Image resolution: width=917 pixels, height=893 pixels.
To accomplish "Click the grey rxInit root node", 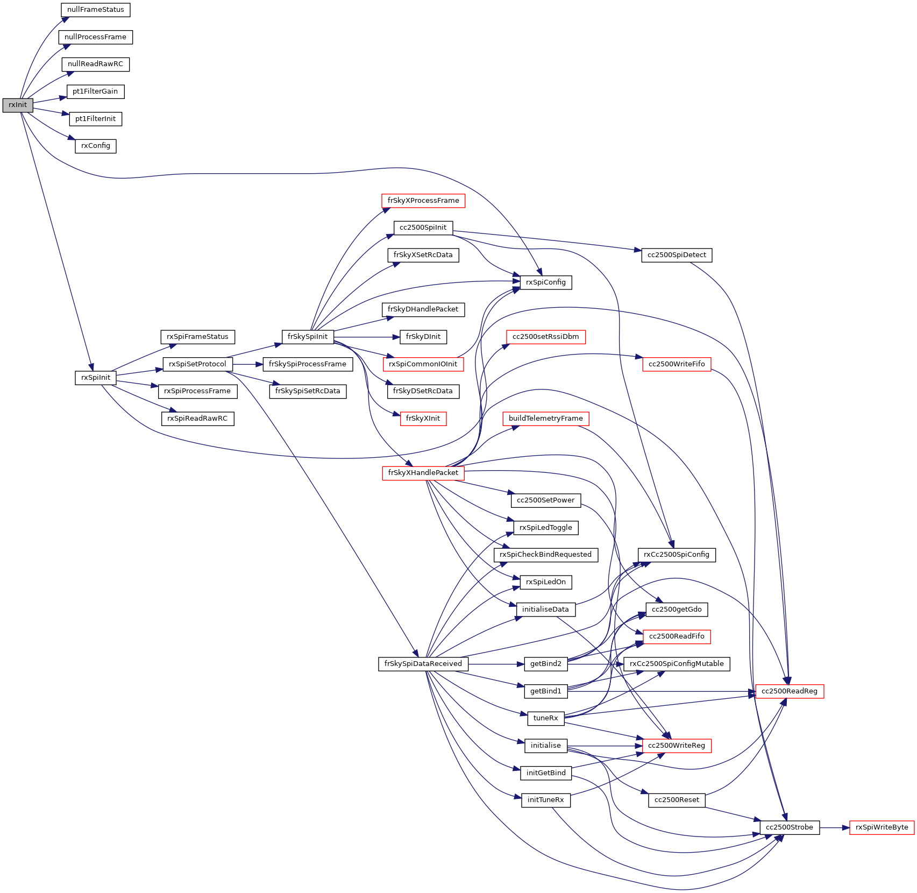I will (x=18, y=105).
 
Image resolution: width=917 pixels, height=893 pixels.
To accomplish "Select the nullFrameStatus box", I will (x=96, y=10).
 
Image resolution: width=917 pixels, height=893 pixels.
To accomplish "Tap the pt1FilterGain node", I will (x=95, y=91).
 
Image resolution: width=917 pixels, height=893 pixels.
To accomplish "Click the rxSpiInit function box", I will (x=96, y=378).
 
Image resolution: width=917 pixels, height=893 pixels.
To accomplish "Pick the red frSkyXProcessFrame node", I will (x=423, y=201).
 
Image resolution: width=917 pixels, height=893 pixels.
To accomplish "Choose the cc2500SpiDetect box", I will (x=677, y=255).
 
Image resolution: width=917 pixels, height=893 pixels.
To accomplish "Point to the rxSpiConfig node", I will (x=546, y=282).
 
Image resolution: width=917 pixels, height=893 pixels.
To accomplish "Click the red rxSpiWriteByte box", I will (x=882, y=827).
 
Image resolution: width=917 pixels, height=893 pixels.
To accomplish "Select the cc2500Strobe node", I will (x=790, y=827).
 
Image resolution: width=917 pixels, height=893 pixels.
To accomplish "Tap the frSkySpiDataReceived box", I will (x=423, y=664).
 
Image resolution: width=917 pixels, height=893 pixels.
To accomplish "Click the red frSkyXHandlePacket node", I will (x=423, y=473).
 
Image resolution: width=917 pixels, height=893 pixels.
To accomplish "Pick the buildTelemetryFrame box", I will (x=546, y=419).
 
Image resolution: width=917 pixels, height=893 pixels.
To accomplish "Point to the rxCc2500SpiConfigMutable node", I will (x=677, y=664).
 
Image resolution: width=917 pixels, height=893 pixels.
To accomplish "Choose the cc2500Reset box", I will (x=677, y=800).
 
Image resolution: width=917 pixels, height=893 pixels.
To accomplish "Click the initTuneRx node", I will (x=546, y=800).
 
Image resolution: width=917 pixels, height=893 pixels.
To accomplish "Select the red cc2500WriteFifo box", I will (x=677, y=364).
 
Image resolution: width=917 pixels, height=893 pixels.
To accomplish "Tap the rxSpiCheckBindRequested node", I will (x=546, y=555).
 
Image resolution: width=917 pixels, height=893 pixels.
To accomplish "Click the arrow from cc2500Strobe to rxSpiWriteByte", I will (x=834, y=827).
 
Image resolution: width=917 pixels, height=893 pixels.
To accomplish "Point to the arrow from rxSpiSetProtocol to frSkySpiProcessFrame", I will (x=248, y=364).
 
